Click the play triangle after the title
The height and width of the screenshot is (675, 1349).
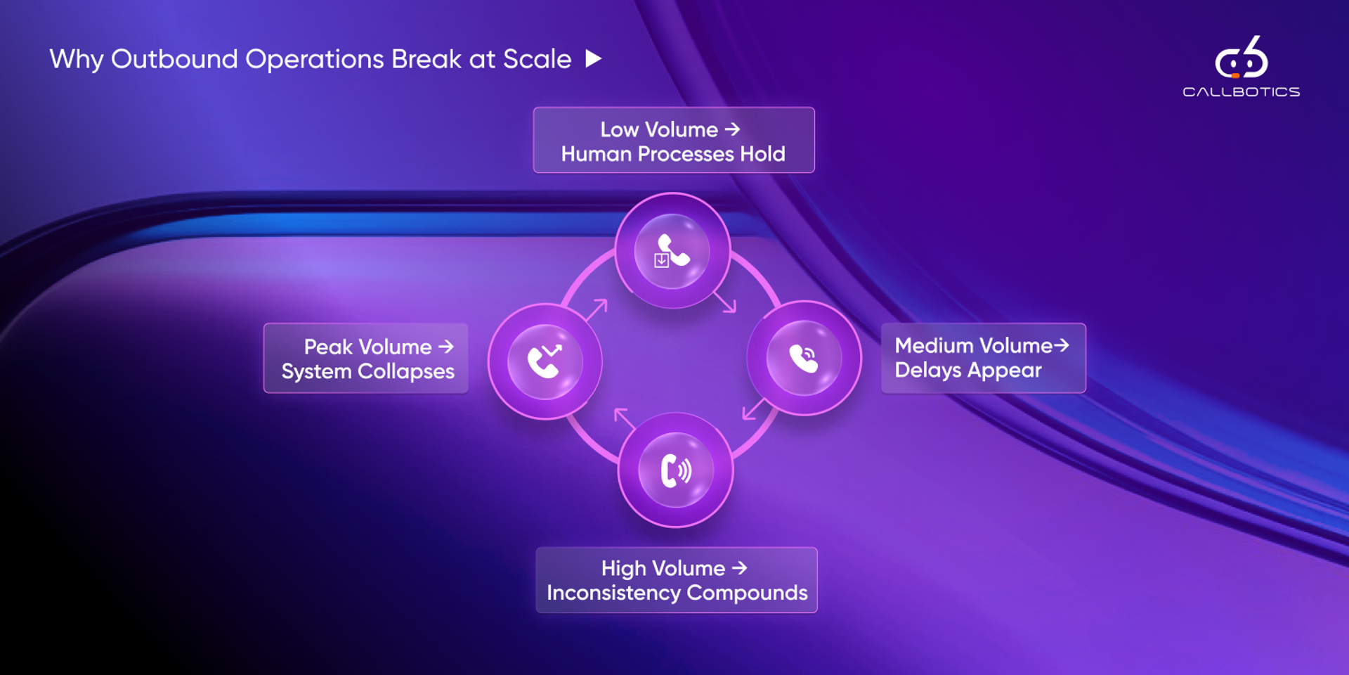pyautogui.click(x=594, y=58)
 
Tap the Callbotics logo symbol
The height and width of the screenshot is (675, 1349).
pyautogui.click(x=1242, y=58)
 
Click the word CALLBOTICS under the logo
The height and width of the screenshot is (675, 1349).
pyautogui.click(x=1241, y=92)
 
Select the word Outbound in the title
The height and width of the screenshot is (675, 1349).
pyautogui.click(x=174, y=59)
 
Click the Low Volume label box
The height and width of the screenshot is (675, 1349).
pyautogui.click(x=674, y=140)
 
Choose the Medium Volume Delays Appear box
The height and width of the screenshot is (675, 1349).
pyautogui.click(x=983, y=358)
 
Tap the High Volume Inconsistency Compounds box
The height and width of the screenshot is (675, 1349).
pyautogui.click(x=677, y=580)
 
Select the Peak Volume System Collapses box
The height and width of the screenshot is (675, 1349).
pyautogui.click(x=366, y=358)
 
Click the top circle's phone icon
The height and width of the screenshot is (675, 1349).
pyautogui.click(x=672, y=251)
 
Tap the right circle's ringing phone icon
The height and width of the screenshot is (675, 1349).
pyautogui.click(x=804, y=358)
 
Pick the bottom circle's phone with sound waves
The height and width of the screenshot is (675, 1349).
pyautogui.click(x=676, y=470)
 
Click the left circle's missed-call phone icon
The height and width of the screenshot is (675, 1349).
pyautogui.click(x=545, y=361)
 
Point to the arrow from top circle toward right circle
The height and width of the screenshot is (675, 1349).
pyautogui.click(x=725, y=302)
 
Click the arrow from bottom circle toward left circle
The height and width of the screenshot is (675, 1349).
pyautogui.click(x=624, y=418)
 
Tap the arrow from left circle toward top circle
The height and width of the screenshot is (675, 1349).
pyautogui.click(x=597, y=309)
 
